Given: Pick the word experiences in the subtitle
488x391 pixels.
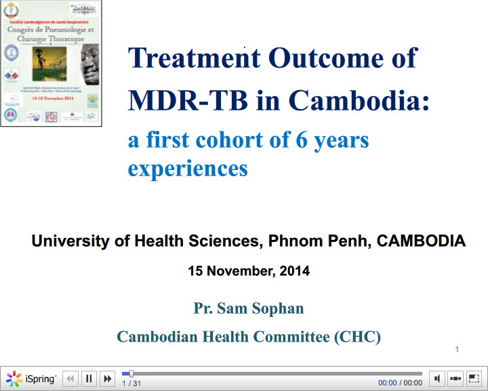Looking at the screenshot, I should click(x=188, y=167).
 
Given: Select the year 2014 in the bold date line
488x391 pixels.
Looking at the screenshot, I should click(x=293, y=271).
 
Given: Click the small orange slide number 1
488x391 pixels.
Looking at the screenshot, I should click(x=457, y=350).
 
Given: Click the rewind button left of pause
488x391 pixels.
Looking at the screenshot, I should click(x=70, y=379).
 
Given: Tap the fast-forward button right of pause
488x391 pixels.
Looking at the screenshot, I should click(x=106, y=379).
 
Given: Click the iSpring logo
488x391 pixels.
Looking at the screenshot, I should click(x=31, y=379).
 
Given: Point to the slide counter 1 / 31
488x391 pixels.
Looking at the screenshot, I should click(x=131, y=384).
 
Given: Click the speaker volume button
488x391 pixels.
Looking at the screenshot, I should click(x=437, y=379).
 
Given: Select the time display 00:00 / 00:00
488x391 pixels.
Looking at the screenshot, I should click(x=400, y=384).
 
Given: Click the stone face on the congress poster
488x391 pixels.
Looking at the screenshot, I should click(x=89, y=64).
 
